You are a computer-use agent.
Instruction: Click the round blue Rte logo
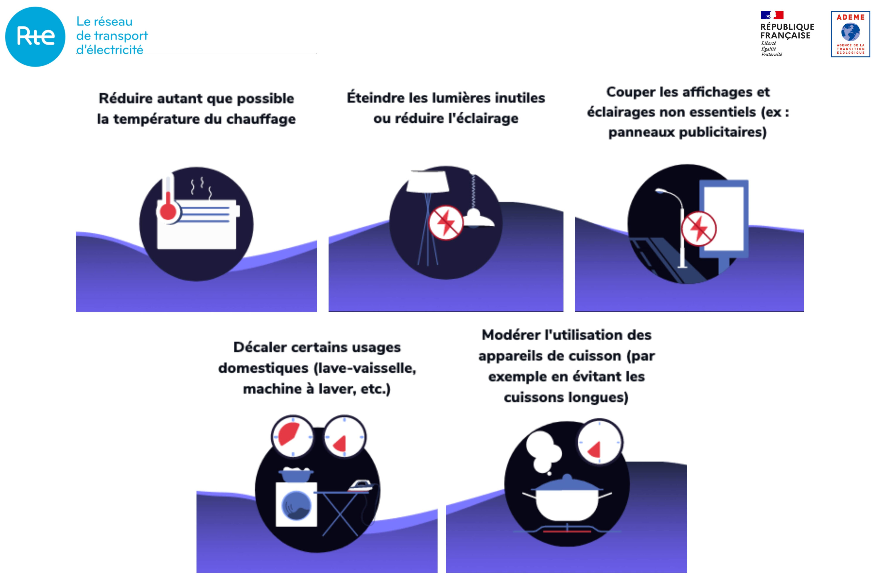35,37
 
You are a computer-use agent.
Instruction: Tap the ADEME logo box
850,34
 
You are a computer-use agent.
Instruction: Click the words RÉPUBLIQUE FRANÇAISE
787,31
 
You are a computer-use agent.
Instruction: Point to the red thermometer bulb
168,211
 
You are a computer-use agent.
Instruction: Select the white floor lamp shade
428,182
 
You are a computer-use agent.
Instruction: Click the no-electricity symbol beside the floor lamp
446,222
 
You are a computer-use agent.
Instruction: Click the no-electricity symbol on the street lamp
699,229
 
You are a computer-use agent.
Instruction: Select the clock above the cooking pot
599,442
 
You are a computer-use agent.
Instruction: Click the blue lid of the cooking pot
567,484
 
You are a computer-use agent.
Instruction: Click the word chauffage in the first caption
261,119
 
